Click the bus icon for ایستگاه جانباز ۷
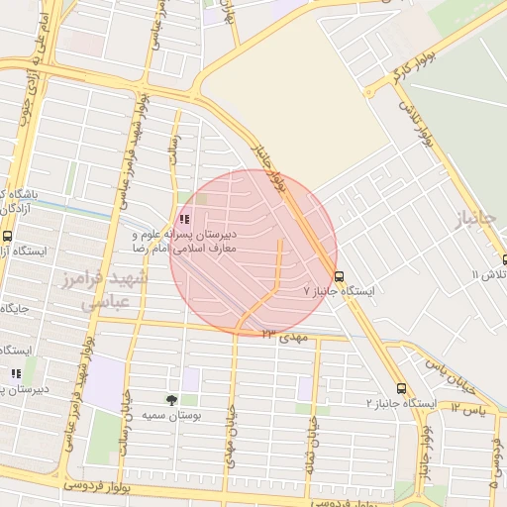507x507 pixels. (340, 276)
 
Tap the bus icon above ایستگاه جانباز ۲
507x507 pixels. (401, 388)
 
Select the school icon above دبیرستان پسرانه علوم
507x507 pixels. (183, 219)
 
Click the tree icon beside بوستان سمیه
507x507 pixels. (173, 400)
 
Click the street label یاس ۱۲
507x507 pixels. (469, 406)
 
